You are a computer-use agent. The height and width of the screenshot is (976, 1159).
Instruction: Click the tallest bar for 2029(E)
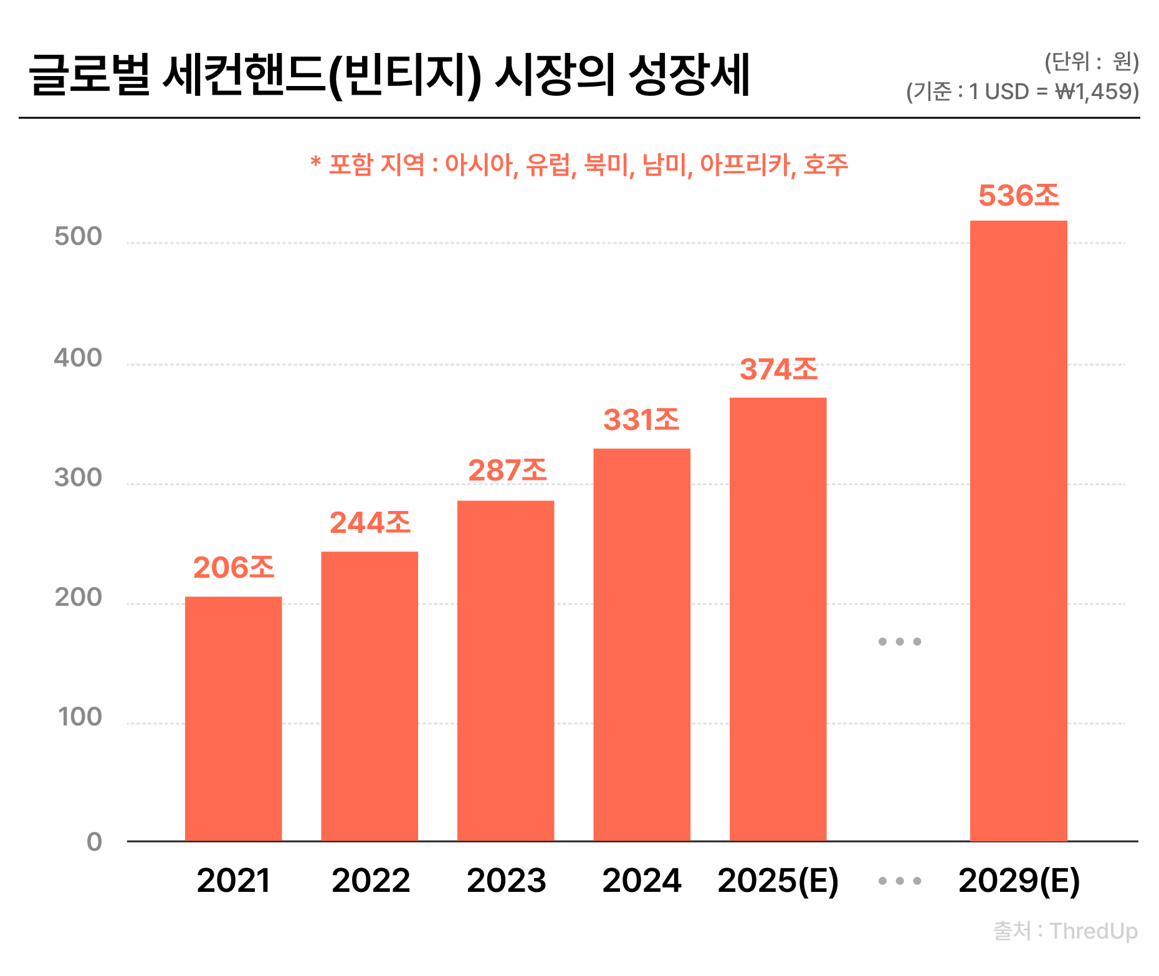1018,530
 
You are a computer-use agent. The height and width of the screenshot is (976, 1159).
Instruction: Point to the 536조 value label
1018,196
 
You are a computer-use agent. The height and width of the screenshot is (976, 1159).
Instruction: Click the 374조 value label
778,370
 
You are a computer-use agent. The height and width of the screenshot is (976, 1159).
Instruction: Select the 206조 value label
233,568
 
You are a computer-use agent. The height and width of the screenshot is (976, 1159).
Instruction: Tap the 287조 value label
507,471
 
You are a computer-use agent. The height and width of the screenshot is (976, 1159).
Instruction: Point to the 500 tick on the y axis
78,237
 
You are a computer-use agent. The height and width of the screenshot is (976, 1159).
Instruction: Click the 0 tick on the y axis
94,842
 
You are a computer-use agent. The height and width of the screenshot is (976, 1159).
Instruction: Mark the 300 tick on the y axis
78,478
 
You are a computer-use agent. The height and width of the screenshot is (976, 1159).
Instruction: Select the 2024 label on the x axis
642,881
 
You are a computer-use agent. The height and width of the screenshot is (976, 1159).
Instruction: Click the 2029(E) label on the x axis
1019,881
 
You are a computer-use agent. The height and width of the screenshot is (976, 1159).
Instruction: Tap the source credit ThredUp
1094,931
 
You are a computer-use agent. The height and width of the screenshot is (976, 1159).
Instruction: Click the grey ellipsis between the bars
899,641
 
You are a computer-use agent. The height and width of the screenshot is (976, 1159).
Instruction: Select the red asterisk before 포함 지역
316,163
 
